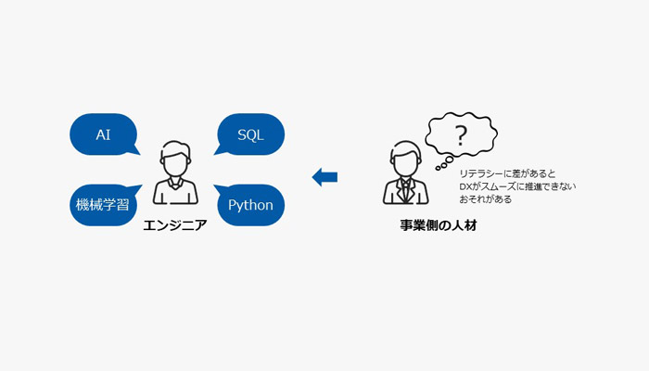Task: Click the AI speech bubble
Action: point(103,134)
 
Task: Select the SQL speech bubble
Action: point(251,134)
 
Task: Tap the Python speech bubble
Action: point(251,205)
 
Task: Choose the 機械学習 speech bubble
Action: point(103,205)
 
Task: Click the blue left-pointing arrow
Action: point(324,177)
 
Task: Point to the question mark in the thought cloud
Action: point(461,135)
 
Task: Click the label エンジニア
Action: point(175,225)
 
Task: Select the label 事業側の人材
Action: point(439,225)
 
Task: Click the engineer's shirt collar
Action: point(175,183)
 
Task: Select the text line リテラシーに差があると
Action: point(507,173)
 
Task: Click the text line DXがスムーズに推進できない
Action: point(517,186)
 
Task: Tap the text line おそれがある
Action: point(486,199)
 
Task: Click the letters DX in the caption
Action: point(465,186)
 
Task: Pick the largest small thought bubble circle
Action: point(449,160)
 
